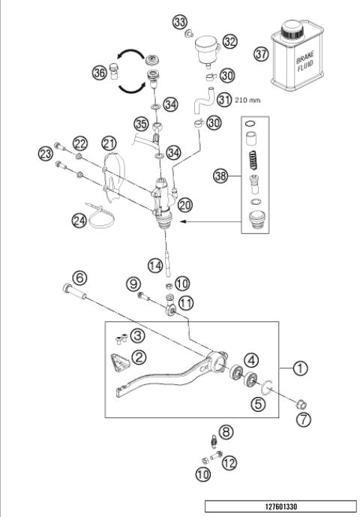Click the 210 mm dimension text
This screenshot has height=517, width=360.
click(x=248, y=98)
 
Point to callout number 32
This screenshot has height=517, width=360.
click(x=229, y=42)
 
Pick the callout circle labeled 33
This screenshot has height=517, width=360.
click(x=180, y=22)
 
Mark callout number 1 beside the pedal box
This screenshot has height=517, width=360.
click(x=300, y=368)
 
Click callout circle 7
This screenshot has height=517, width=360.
click(x=302, y=419)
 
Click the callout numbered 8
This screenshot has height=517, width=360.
click(x=226, y=431)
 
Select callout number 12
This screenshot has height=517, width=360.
click(x=229, y=463)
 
